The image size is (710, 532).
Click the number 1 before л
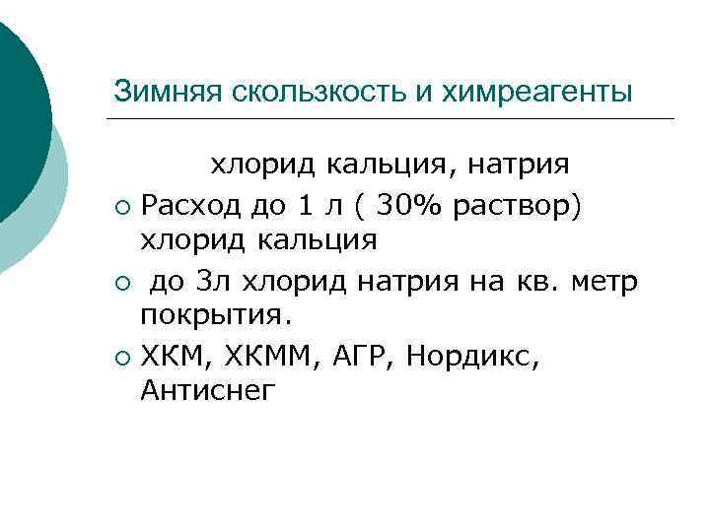click(x=306, y=206)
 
